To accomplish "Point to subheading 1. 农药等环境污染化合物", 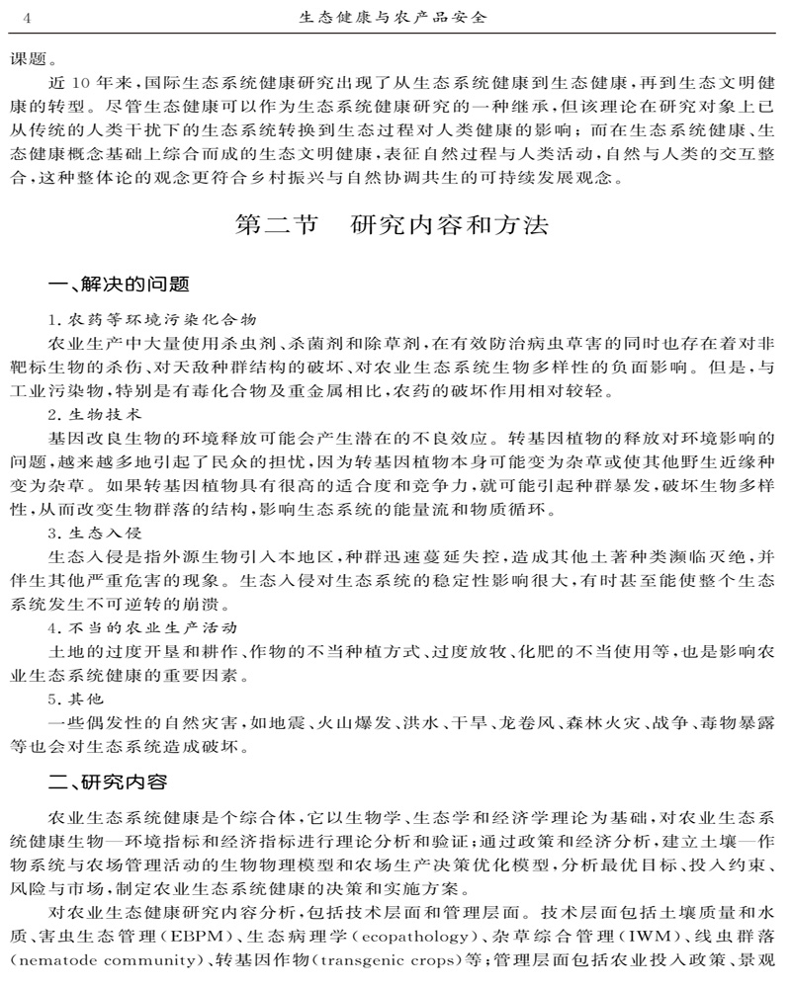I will point(152,319).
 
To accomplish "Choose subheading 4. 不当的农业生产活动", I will point(137,627).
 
